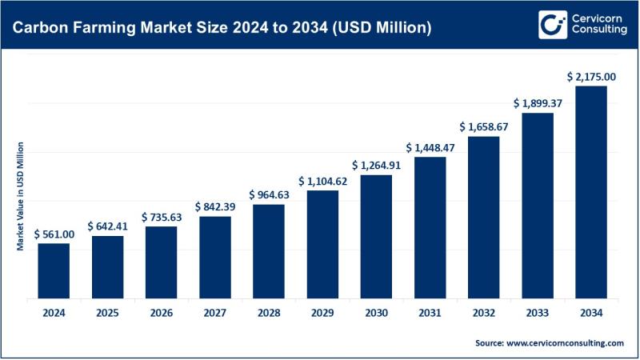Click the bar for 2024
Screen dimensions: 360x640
(x=54, y=270)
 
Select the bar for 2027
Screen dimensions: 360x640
(x=215, y=257)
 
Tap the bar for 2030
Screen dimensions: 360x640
(x=376, y=236)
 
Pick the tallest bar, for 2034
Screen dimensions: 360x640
(x=591, y=192)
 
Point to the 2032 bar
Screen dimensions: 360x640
(x=484, y=217)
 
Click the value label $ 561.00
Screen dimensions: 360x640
(x=54, y=234)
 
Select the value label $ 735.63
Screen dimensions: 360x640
(x=161, y=217)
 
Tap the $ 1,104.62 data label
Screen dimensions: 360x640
(x=322, y=181)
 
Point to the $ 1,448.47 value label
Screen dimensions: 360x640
(x=430, y=148)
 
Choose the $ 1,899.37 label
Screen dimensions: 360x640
(x=538, y=103)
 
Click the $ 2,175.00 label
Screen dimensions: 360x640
(x=591, y=77)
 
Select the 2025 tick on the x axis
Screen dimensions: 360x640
(x=107, y=313)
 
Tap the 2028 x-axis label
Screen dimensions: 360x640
(x=269, y=313)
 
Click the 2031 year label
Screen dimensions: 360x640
(x=430, y=313)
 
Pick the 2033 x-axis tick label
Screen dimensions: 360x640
(x=538, y=313)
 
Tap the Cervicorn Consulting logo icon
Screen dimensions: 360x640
(x=550, y=25)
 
